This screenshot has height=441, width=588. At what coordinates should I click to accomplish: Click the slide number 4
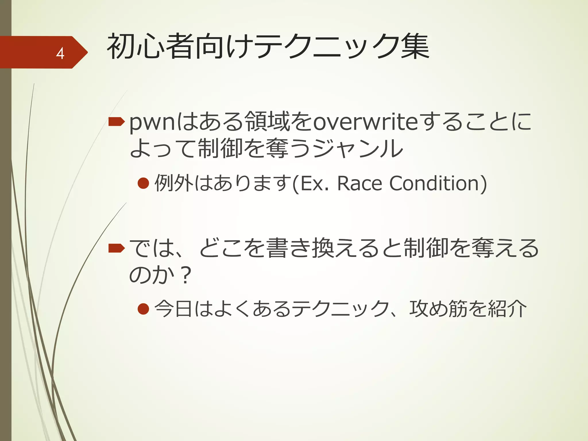60,53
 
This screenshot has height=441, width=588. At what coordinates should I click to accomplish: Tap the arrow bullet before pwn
116,122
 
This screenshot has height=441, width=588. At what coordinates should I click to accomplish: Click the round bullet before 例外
143,183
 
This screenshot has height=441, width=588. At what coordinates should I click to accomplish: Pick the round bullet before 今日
143,309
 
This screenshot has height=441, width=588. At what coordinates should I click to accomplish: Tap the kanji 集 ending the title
415,47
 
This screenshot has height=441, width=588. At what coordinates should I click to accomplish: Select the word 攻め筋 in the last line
438,309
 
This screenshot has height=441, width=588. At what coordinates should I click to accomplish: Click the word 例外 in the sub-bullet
174,183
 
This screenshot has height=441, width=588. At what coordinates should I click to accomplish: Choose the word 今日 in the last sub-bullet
173,309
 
